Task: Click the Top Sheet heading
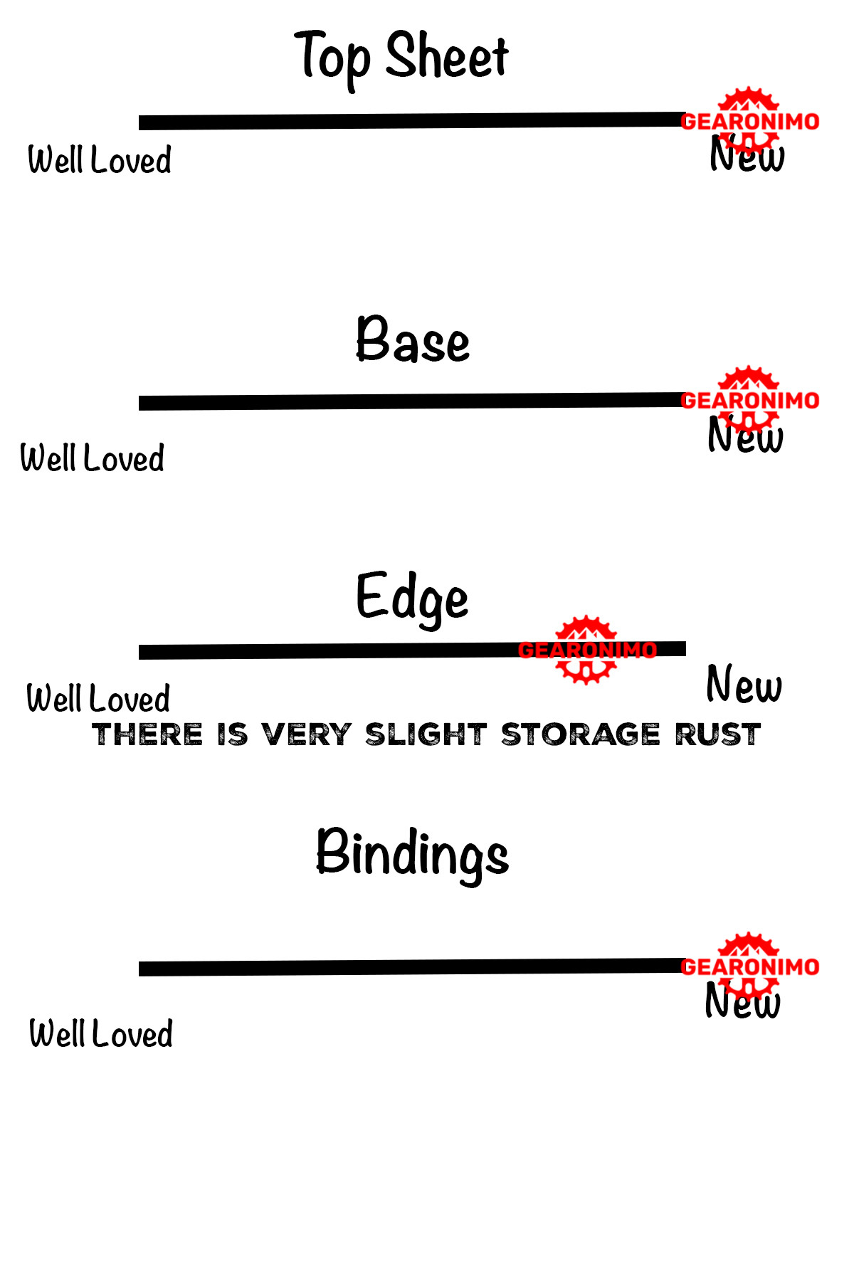tap(402, 57)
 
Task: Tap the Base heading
tap(413, 340)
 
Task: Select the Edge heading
tap(412, 598)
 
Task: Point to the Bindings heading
tap(412, 853)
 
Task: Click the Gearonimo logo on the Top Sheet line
tap(749, 120)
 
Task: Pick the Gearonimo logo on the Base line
tap(749, 399)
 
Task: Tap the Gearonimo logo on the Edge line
tap(586, 649)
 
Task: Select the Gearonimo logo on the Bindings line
tap(749, 965)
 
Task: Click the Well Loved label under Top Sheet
tap(100, 159)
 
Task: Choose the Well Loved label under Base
tap(93, 458)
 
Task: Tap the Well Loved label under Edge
tap(98, 698)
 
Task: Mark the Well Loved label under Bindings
tap(101, 1033)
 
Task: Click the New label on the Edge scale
tap(744, 685)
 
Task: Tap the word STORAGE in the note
tap(580, 734)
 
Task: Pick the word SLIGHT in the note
tap(426, 734)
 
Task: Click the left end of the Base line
tap(142, 404)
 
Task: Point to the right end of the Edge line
tap(683, 648)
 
